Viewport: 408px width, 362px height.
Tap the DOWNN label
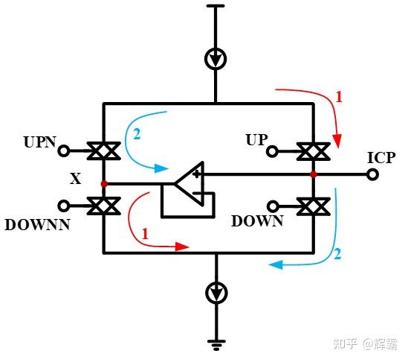(x=36, y=223)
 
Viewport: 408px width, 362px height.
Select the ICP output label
(x=381, y=157)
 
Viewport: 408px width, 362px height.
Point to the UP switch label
(x=256, y=139)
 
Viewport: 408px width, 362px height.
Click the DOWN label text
(x=257, y=221)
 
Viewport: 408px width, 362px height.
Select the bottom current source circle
(x=216, y=294)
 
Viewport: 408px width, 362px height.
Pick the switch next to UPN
(x=104, y=151)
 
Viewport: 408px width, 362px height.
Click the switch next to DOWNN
(x=104, y=206)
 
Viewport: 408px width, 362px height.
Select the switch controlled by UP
(x=314, y=151)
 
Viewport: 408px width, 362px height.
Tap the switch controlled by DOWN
(x=314, y=206)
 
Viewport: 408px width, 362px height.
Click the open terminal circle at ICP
(x=372, y=174)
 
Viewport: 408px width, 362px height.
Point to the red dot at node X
(x=104, y=182)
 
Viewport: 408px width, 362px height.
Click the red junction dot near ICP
(x=314, y=174)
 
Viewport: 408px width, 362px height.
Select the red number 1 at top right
(x=339, y=97)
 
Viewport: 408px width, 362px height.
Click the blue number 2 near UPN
(x=137, y=135)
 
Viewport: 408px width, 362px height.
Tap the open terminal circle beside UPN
(x=64, y=151)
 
